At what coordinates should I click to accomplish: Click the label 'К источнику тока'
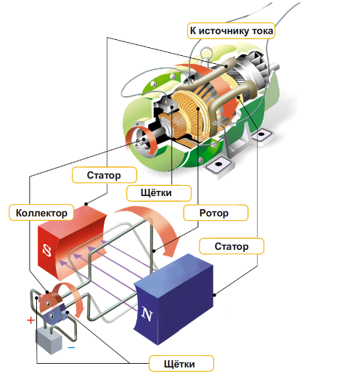coord(231,31)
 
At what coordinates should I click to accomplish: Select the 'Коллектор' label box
coord(41,213)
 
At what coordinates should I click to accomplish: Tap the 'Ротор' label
coord(216,213)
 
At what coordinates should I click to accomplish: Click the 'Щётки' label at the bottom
coord(181,364)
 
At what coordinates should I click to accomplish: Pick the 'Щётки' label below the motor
coord(159,193)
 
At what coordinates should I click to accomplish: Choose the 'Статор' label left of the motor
coord(105,175)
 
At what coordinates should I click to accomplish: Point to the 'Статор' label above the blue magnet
coord(232,246)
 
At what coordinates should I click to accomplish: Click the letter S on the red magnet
coord(47,251)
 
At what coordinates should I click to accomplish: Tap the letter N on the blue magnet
coord(147,314)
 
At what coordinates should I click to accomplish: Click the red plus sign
coord(31,320)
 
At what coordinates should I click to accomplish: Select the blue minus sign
coord(71,347)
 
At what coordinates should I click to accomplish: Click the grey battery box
coord(49,341)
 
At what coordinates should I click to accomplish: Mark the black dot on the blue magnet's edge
coord(214,295)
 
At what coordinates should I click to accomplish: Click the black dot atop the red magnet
coord(86,203)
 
